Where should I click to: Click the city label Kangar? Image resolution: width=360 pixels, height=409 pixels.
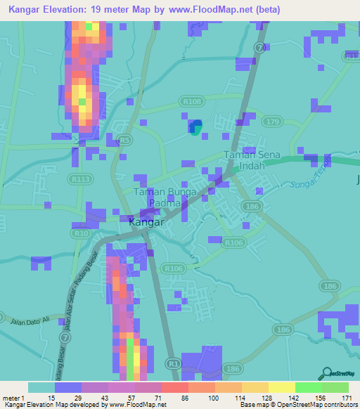click(x=148, y=222)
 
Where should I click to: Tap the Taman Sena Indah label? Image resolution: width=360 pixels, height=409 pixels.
click(x=252, y=161)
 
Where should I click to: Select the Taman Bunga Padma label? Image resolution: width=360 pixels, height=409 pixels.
click(x=163, y=197)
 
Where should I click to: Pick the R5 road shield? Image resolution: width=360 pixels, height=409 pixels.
click(x=125, y=141)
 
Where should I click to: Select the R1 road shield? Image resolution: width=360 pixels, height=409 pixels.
click(x=173, y=363)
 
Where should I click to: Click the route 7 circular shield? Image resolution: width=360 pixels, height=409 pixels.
click(x=260, y=48)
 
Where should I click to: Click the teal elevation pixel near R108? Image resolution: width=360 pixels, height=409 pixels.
click(x=197, y=127)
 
